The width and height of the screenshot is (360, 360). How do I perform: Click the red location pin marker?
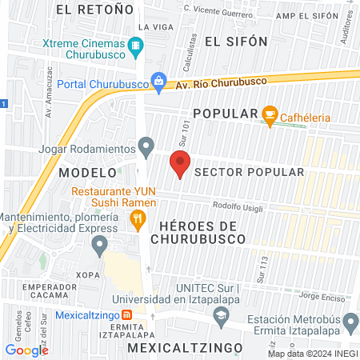180,166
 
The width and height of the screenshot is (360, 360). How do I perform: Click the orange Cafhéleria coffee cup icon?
270,115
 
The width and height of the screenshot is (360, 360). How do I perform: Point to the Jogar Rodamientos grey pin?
146,146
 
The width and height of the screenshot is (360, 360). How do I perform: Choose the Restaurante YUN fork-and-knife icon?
138,218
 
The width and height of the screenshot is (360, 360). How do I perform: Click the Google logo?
26,350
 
